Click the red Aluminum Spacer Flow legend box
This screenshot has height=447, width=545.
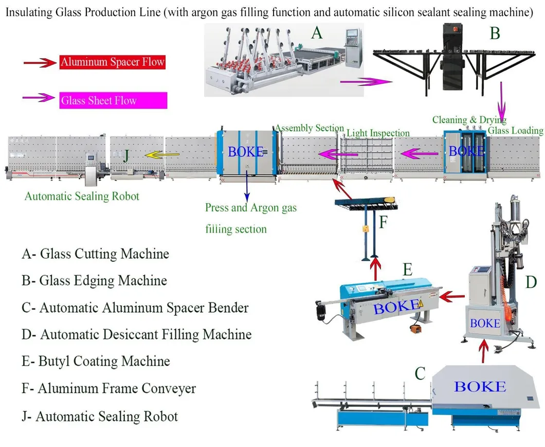pyautogui.click(x=112, y=63)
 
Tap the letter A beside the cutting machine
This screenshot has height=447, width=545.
pyautogui.click(x=317, y=33)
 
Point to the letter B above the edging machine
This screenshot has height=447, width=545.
pyautogui.click(x=495, y=34)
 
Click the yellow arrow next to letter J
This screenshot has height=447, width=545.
pyautogui.click(x=161, y=153)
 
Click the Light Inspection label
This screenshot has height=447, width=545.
pyautogui.click(x=378, y=133)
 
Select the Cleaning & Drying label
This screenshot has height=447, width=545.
pyautogui.click(x=469, y=120)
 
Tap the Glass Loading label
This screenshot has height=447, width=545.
pyautogui.click(x=515, y=131)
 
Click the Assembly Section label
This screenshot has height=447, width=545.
pyautogui.click(x=310, y=128)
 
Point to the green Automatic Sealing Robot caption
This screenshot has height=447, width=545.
pyautogui.click(x=82, y=196)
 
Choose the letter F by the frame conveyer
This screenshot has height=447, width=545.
pyautogui.click(x=384, y=223)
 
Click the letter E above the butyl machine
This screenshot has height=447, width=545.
pyautogui.click(x=408, y=269)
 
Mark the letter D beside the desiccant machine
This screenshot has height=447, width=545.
pyautogui.click(x=531, y=282)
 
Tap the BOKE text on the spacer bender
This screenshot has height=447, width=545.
pyautogui.click(x=480, y=386)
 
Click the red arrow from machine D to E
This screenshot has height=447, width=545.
pyautogui.click(x=452, y=296)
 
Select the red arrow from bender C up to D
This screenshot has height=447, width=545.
pyautogui.click(x=483, y=353)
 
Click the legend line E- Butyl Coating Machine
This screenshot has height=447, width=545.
pyautogui.click(x=96, y=361)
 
